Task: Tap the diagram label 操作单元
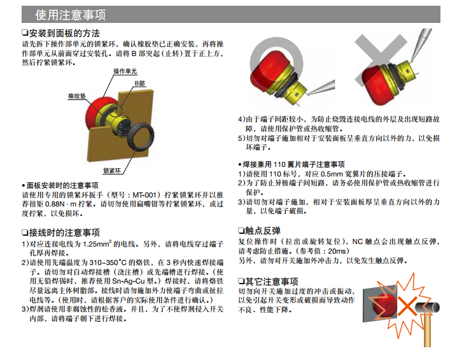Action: click(125, 71)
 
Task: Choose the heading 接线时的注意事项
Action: click(65, 233)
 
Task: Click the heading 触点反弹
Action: click(263, 231)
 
